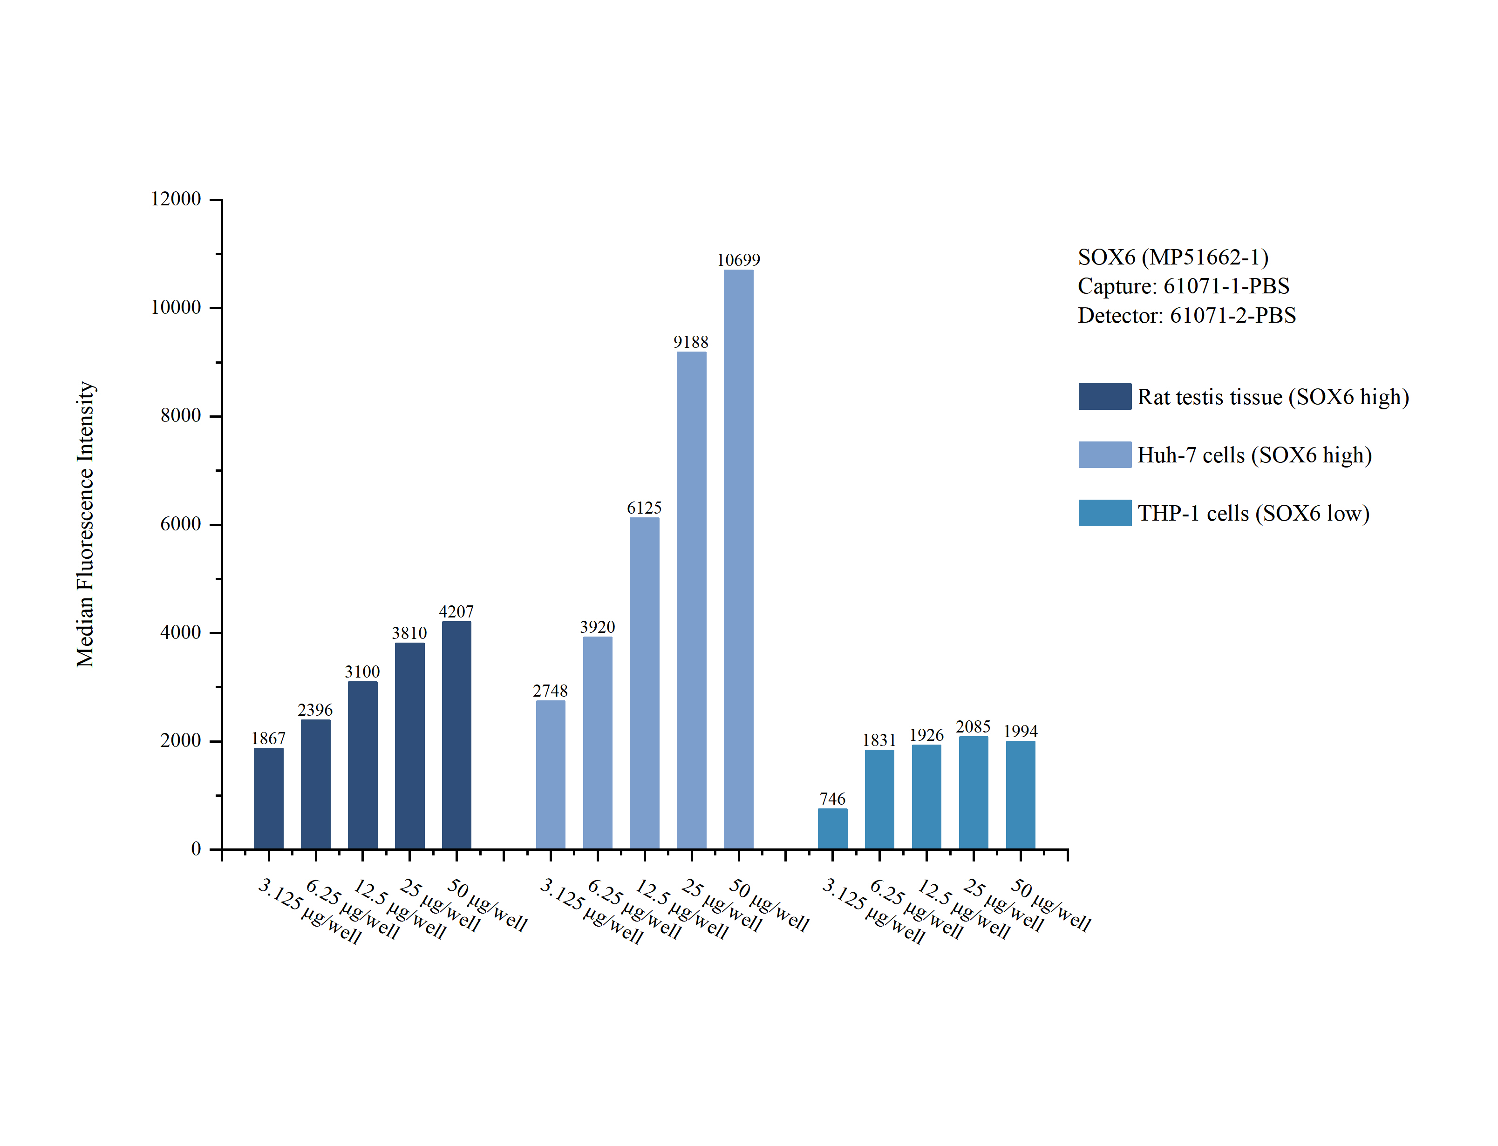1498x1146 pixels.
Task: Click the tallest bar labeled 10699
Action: tap(738, 559)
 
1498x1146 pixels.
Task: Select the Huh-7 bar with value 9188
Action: tap(691, 600)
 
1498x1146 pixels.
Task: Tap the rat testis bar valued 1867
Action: tap(268, 798)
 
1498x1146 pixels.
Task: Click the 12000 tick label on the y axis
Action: tap(176, 199)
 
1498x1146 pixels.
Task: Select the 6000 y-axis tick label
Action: tap(181, 524)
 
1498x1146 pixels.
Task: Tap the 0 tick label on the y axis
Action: tap(196, 849)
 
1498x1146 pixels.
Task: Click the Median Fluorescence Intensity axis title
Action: tap(85, 524)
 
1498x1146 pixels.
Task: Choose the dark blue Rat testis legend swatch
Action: tap(1104, 396)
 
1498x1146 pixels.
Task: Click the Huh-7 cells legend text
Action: tap(1254, 455)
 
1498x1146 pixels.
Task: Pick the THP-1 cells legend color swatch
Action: tap(1104, 513)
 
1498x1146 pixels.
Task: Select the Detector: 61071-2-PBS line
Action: tap(1186, 316)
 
